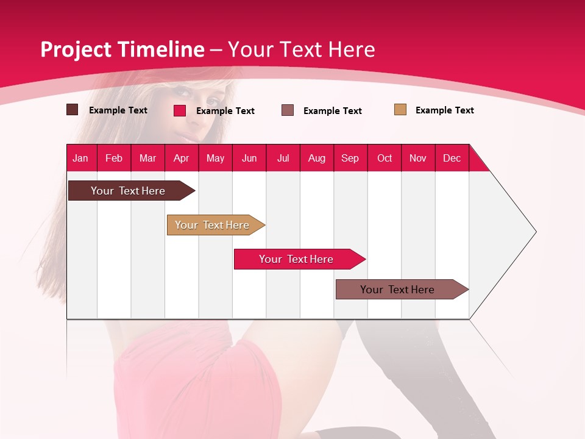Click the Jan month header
click(x=80, y=158)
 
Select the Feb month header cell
click(x=114, y=158)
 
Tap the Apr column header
click(x=181, y=158)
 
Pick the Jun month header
click(x=249, y=158)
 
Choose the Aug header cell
click(x=316, y=158)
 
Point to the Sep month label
click(x=350, y=158)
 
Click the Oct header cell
click(x=385, y=158)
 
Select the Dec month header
click(x=452, y=158)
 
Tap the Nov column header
click(x=418, y=158)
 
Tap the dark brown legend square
click(x=72, y=110)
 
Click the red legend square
click(x=179, y=110)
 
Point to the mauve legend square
click(x=288, y=110)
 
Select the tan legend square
click(x=400, y=110)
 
